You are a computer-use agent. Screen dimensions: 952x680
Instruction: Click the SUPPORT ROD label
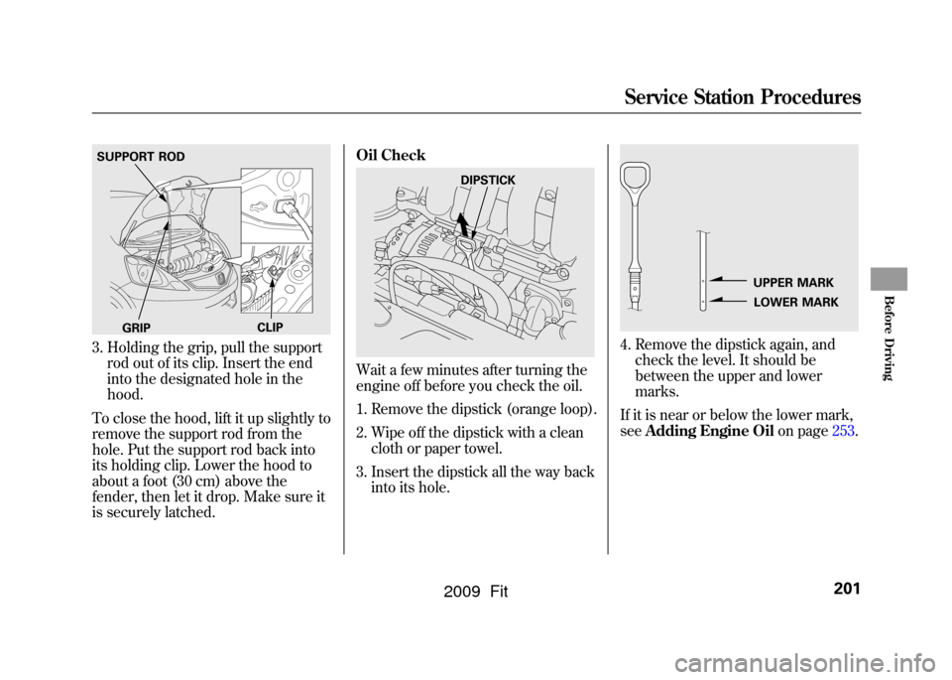[141, 157]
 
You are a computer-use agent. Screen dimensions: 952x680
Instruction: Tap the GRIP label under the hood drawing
[137, 329]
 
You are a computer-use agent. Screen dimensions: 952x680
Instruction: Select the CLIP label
[270, 328]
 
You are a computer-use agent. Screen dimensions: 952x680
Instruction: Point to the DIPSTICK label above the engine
[488, 181]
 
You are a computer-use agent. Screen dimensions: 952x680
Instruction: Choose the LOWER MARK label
[795, 302]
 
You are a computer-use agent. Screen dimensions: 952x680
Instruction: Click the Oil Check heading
[391, 155]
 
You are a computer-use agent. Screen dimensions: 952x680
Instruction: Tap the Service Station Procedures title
[743, 97]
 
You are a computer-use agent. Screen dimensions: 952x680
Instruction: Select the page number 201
[847, 589]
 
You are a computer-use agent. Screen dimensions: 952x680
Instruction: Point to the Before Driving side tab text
[888, 338]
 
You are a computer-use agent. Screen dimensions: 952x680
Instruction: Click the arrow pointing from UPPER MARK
[727, 280]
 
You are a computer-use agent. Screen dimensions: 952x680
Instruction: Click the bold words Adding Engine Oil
[709, 432]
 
